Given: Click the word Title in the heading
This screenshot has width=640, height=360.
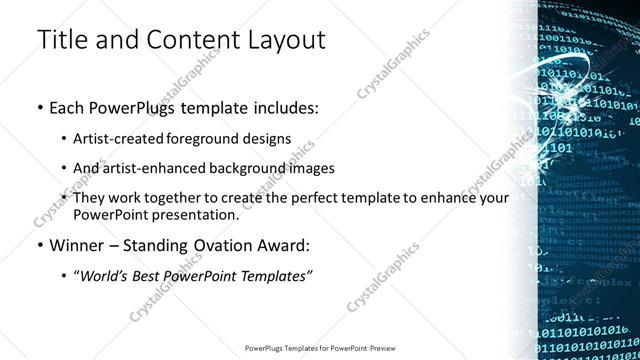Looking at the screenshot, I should [x=61, y=40].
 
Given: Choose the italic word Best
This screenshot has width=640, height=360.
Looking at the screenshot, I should [x=151, y=275].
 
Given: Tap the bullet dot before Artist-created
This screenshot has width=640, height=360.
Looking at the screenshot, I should [x=65, y=138].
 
